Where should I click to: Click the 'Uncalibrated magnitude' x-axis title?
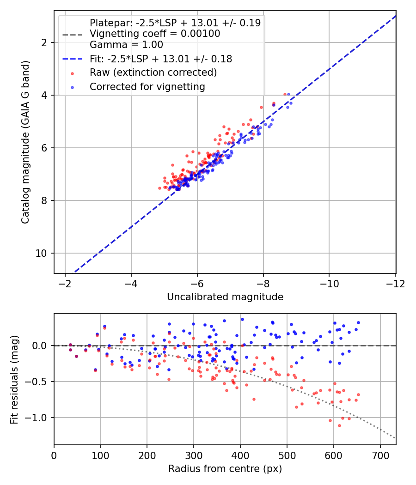[x=225, y=297]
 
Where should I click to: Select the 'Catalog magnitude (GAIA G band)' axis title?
[x=25, y=142]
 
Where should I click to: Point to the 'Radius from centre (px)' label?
[x=225, y=469]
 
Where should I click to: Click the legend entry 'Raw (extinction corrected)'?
[x=153, y=73]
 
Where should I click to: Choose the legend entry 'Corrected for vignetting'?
[x=147, y=87]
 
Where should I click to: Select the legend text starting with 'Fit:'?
[x=161, y=59]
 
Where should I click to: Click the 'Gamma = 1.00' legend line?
[x=126, y=45]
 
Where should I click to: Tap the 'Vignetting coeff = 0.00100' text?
[x=155, y=34]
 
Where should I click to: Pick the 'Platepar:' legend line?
[x=175, y=23]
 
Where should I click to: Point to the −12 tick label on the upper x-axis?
[x=395, y=284]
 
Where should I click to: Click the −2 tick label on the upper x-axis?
[x=65, y=284]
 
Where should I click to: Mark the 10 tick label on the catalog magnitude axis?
[x=41, y=253]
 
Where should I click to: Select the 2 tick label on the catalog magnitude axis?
[x=44, y=42]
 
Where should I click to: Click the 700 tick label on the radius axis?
[x=380, y=455]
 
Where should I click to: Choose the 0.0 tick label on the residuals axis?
[x=40, y=346]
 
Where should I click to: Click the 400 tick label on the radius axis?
[x=240, y=455]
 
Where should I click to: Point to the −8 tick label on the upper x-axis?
[x=263, y=284]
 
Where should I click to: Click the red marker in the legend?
[x=73, y=73]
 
